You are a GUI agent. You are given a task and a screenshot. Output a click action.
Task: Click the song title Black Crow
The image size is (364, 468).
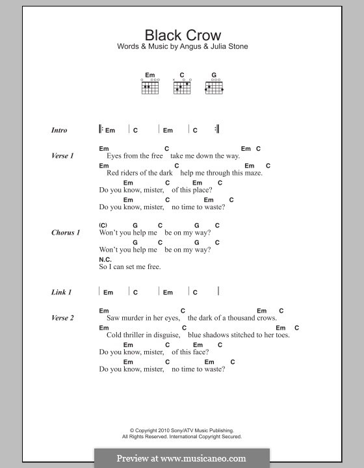(182, 36)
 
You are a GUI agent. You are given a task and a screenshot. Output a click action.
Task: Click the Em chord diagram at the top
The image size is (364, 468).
(150, 86)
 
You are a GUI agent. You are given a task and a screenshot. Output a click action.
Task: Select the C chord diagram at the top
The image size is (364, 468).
(183, 86)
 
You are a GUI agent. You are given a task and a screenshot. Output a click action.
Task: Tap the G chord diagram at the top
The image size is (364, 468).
(213, 86)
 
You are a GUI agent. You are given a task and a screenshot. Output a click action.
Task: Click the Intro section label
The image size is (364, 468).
(59, 130)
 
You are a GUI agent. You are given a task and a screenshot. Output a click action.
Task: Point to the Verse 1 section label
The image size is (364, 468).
(62, 156)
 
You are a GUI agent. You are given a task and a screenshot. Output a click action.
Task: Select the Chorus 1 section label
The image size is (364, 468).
(66, 233)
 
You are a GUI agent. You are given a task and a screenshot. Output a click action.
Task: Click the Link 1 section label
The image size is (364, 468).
(61, 292)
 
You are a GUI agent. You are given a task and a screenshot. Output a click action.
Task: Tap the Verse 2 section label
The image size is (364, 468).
(62, 318)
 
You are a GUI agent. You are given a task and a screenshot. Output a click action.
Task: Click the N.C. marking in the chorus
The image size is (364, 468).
(104, 259)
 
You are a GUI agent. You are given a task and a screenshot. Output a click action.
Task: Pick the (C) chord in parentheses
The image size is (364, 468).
(103, 226)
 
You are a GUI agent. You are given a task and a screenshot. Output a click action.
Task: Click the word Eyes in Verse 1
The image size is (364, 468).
(114, 156)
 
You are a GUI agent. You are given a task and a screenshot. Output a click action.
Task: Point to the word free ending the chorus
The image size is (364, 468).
(153, 266)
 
